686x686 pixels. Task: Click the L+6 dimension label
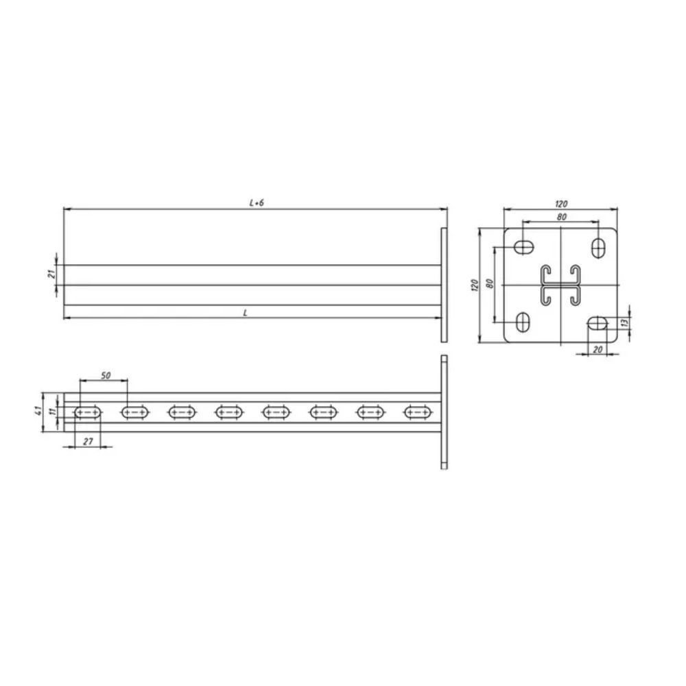[x=257, y=203]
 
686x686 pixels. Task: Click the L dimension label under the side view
[x=246, y=313]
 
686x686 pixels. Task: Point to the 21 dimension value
[x=51, y=274]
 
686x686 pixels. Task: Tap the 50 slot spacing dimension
[x=106, y=375]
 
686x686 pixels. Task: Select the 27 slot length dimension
[x=88, y=441]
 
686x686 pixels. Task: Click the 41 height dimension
[x=38, y=411]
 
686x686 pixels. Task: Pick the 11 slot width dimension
[x=53, y=411]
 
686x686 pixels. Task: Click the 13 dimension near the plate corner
[x=625, y=322]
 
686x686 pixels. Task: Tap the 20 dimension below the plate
[x=598, y=349]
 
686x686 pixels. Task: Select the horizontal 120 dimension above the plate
[x=561, y=204]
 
